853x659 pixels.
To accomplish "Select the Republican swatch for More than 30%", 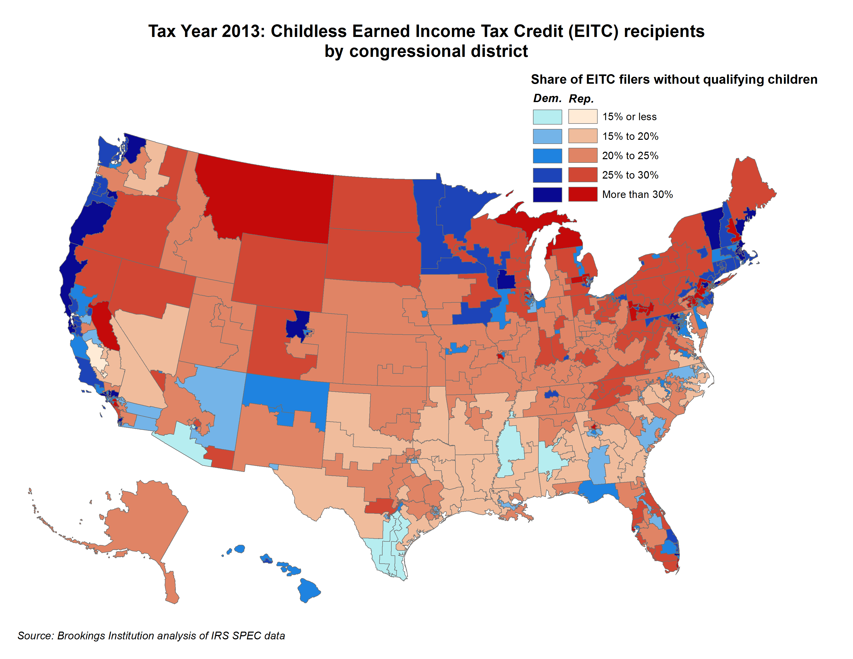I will (582, 194).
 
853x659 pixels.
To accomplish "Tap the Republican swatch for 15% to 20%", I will (582, 136).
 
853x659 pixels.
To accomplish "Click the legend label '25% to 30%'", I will (630, 175).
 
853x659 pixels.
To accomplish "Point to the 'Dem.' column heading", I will (547, 98).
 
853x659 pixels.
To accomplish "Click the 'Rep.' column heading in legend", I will (581, 99).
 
